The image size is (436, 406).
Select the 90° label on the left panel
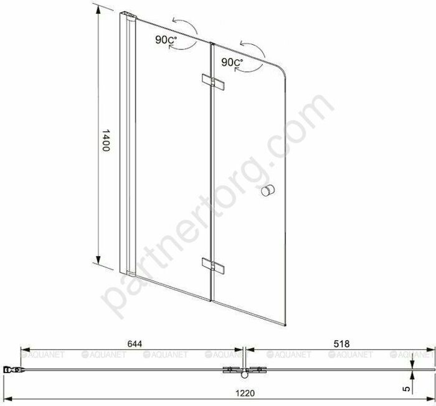(167, 40)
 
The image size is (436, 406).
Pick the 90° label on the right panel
(231, 63)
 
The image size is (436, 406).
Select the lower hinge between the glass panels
(212, 266)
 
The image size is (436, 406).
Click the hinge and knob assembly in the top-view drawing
(242, 371)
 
